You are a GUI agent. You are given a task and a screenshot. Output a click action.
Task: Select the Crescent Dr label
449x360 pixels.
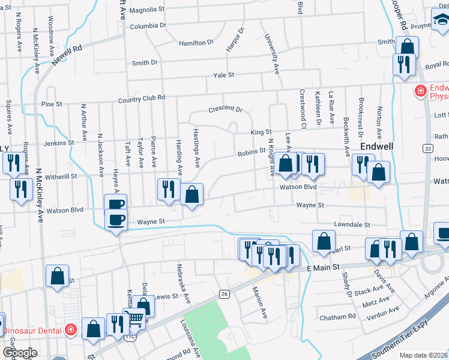point(225,110)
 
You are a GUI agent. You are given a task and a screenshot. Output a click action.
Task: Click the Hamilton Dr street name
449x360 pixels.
point(196,43)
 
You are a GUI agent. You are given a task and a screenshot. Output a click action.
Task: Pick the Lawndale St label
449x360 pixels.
point(353,224)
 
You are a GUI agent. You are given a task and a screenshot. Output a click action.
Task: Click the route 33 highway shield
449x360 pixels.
point(427,148)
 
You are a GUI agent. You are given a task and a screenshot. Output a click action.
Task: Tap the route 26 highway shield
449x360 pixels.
point(224,293)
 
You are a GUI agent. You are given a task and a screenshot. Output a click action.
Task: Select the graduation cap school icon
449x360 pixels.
point(442,23)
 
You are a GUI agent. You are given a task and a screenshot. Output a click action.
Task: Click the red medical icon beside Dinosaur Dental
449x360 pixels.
point(71,329)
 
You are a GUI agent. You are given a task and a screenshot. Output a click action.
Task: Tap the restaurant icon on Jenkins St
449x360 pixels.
point(11,162)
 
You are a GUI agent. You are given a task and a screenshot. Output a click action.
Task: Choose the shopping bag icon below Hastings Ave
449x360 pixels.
point(191,194)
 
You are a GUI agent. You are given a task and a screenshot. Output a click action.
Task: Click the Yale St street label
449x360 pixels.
point(223,75)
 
